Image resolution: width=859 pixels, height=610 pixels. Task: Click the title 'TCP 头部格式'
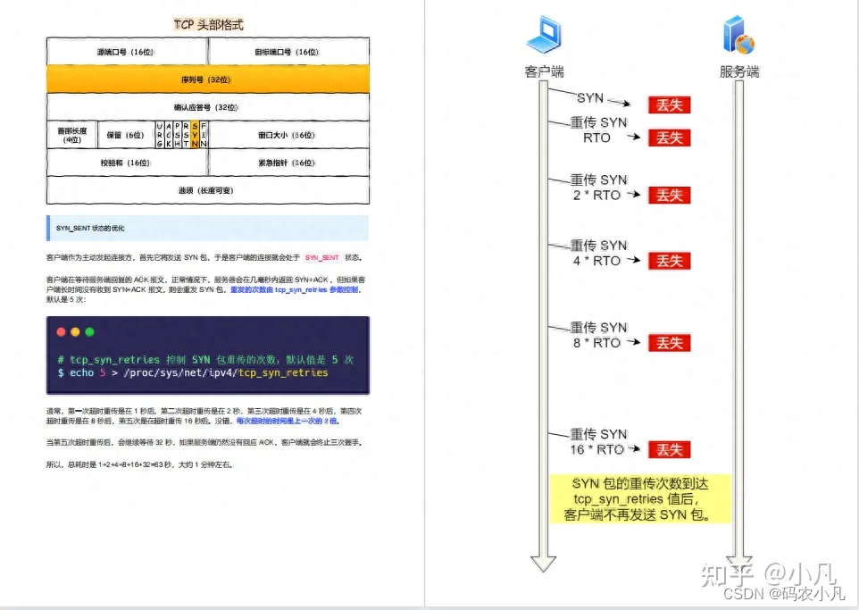tap(207, 25)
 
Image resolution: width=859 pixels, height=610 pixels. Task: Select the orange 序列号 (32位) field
tap(207, 79)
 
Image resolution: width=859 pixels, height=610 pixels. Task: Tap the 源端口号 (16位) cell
tap(126, 52)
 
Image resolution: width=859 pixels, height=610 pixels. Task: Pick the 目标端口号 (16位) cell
tap(288, 52)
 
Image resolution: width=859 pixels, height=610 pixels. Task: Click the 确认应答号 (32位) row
tap(207, 107)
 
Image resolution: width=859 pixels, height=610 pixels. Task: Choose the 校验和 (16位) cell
tap(126, 163)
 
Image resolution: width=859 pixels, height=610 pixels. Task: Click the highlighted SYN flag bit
tap(196, 135)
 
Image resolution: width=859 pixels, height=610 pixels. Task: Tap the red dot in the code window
tap(62, 331)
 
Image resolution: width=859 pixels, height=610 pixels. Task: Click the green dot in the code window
tap(89, 331)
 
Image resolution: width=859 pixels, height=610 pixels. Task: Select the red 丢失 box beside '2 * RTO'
tap(670, 196)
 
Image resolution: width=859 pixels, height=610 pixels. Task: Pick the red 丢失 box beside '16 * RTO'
tap(670, 449)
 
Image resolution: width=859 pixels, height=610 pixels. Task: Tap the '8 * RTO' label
tap(596, 343)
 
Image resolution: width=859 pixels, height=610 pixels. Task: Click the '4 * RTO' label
tap(596, 261)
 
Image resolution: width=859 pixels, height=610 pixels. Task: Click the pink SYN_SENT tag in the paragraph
tap(323, 257)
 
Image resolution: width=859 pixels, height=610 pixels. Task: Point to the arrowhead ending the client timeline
tap(543, 563)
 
